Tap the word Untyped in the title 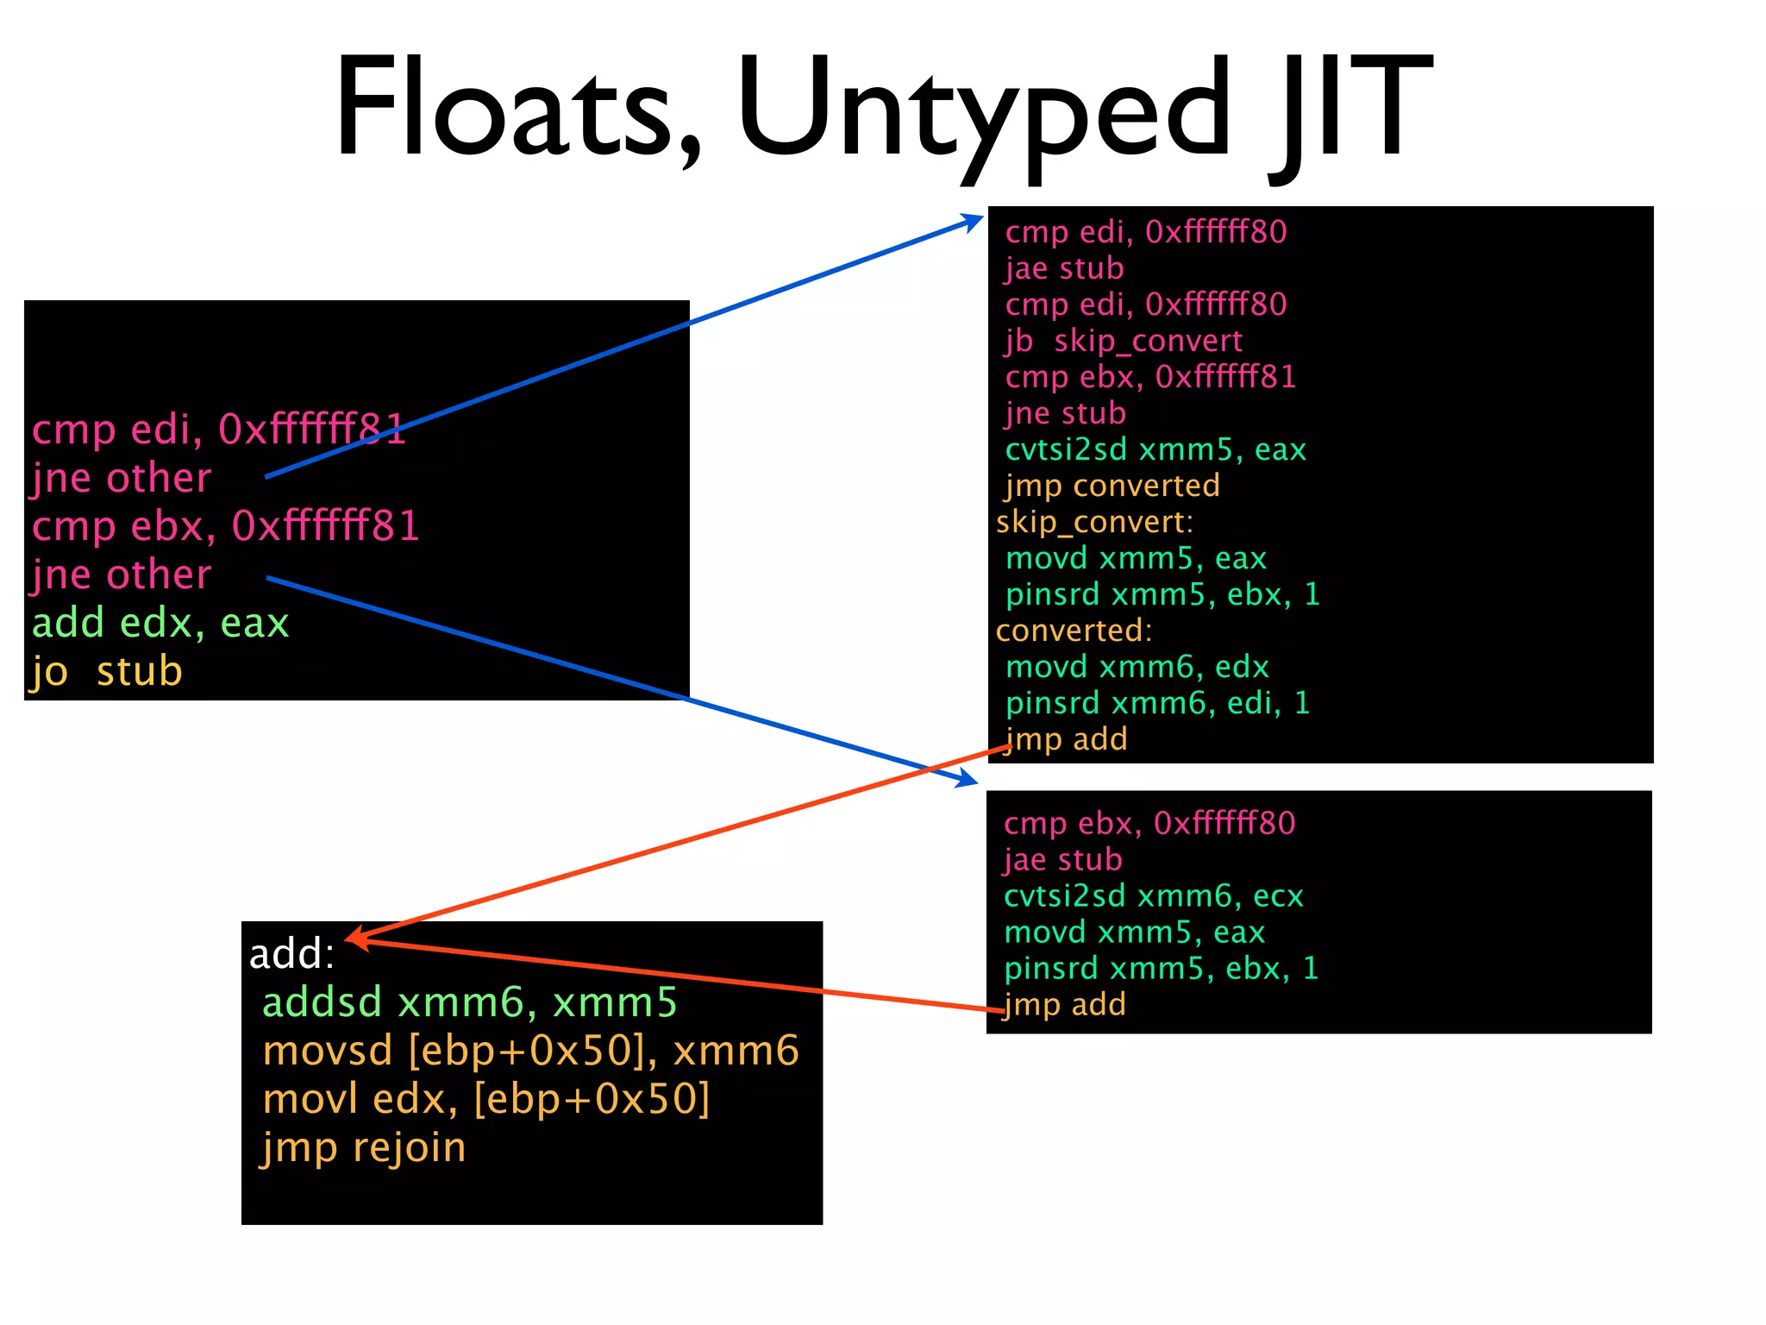[x=983, y=112]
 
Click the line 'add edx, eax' [x=160, y=623]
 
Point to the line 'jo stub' [x=107, y=671]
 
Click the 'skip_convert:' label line [x=1094, y=522]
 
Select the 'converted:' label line [x=1074, y=631]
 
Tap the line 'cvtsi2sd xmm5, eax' [x=1155, y=449]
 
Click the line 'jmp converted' [x=1112, y=486]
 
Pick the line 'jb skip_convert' [x=1124, y=341]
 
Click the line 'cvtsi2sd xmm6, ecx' [x=1153, y=896]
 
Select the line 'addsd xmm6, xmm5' [x=470, y=1002]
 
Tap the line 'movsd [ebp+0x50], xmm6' [x=531, y=1051]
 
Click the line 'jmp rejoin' [x=363, y=1147]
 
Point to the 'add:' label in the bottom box [x=291, y=954]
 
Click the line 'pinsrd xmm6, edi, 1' [x=1157, y=703]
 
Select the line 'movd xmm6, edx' [x=1137, y=667]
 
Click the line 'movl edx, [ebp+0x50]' [x=486, y=1099]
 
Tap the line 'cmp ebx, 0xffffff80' [x=1149, y=824]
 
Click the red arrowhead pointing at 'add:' [x=356, y=939]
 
